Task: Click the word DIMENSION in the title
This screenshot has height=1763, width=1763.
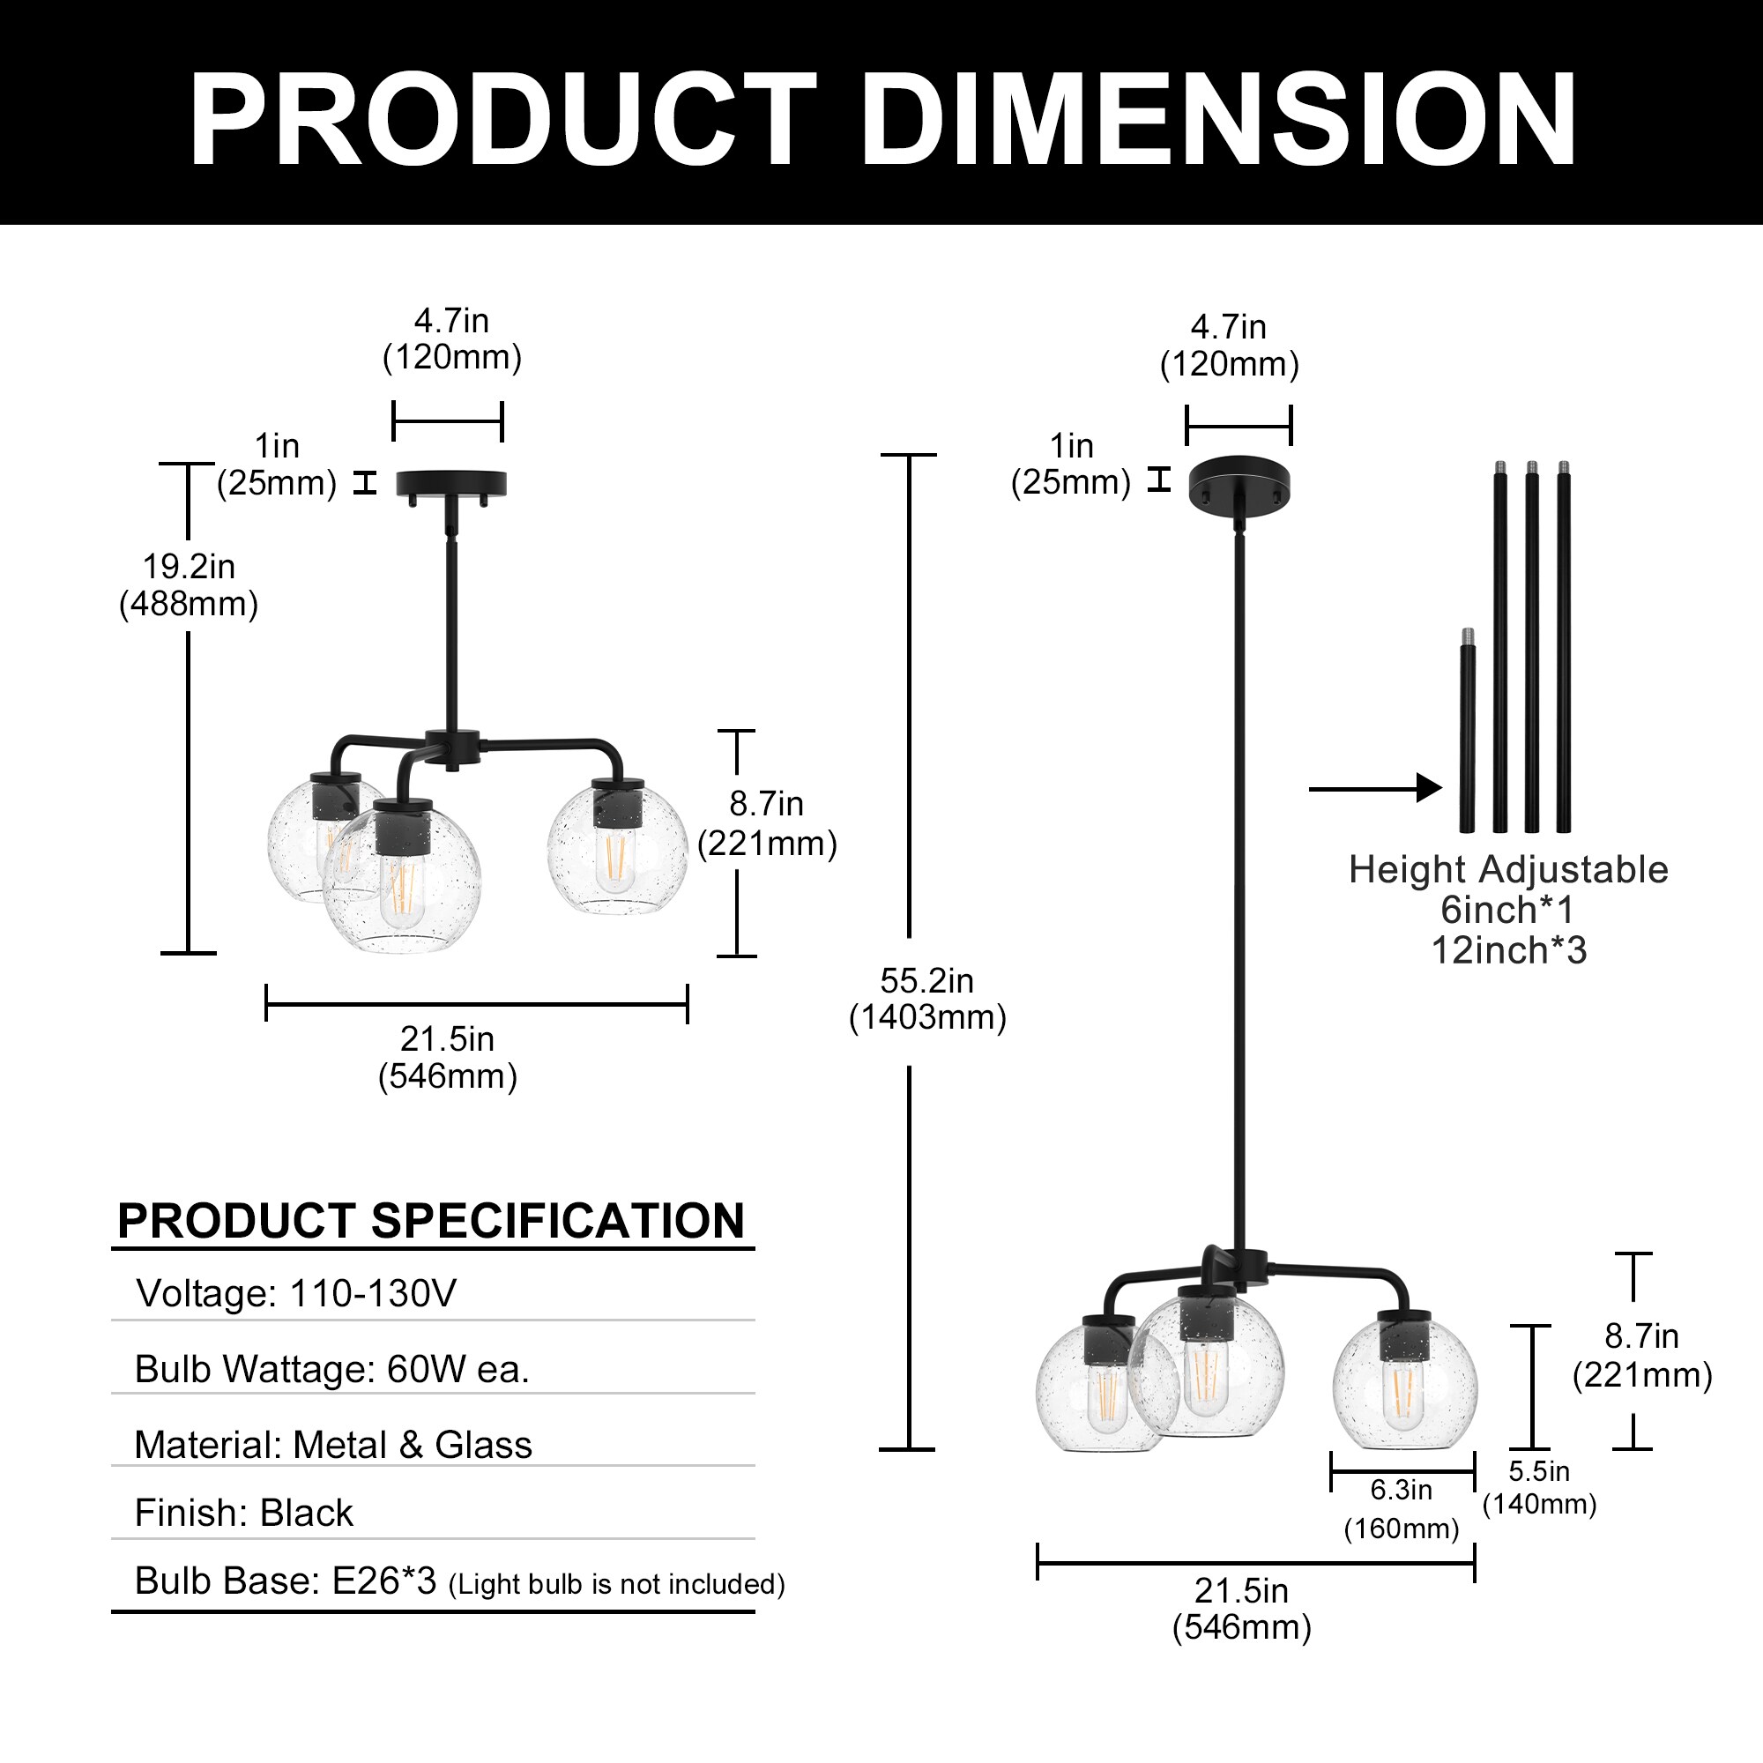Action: click(x=1219, y=119)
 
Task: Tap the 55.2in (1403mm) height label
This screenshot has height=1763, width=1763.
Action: click(x=927, y=1000)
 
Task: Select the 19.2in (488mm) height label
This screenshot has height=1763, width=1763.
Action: click(x=189, y=585)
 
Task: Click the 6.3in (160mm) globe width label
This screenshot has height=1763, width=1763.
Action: click(x=1402, y=1508)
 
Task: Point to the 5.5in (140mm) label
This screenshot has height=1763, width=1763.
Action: click(x=1539, y=1486)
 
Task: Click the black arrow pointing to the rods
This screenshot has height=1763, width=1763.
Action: click(x=1374, y=787)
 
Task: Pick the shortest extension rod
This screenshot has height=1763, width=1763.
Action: click(x=1467, y=730)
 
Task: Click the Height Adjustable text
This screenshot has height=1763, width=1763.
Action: click(x=1508, y=869)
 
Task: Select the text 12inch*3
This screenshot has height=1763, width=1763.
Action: click(x=1508, y=950)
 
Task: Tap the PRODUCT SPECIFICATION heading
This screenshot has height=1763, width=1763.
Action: click(x=431, y=1220)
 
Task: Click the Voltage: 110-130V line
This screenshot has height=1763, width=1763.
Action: click(x=295, y=1293)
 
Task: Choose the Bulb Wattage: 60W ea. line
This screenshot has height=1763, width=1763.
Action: click(x=332, y=1369)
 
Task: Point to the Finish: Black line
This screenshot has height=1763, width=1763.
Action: click(x=243, y=1513)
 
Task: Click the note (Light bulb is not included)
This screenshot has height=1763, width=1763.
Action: click(x=617, y=1584)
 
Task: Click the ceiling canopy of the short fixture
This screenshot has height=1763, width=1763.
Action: click(x=450, y=483)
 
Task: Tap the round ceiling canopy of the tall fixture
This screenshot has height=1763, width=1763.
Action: click(x=1239, y=483)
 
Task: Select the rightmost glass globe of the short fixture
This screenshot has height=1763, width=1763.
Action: click(x=617, y=849)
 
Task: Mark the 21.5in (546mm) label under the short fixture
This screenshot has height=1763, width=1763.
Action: click(x=447, y=1058)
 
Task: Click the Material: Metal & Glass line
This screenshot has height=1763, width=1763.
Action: click(x=333, y=1445)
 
